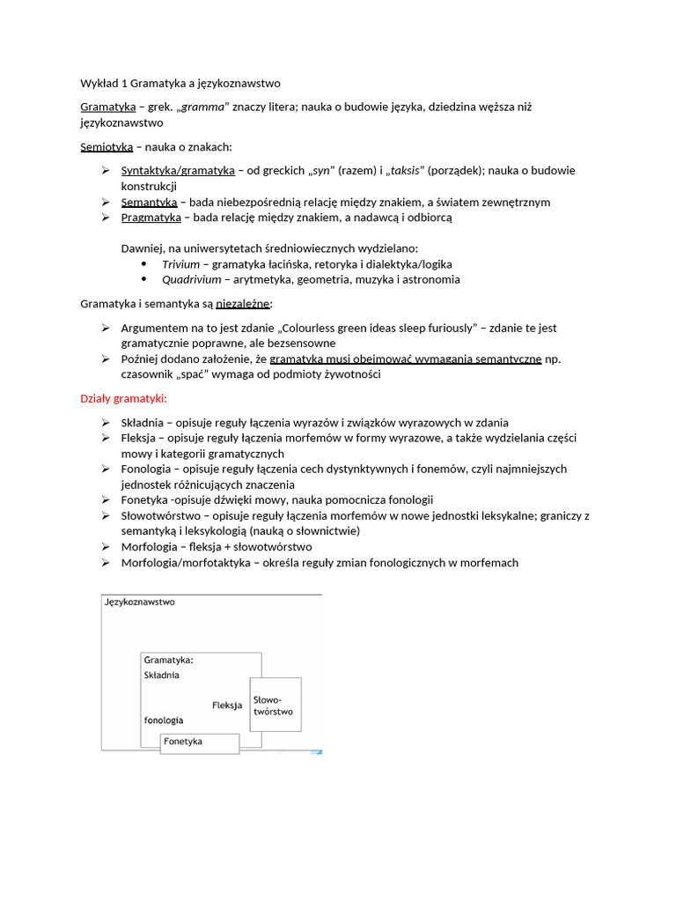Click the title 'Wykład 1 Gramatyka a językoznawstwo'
[x=180, y=84]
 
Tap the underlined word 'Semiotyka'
[x=107, y=147]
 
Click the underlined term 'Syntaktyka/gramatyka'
[x=178, y=170]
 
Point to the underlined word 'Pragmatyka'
[x=151, y=218]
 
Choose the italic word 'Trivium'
[x=180, y=264]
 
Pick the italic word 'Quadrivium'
[x=193, y=280]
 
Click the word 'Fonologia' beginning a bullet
[x=146, y=469]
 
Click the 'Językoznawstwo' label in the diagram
[x=140, y=603]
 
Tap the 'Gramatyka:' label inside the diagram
[x=169, y=659]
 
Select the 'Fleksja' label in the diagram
[x=227, y=705]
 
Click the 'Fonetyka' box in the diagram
[x=199, y=743]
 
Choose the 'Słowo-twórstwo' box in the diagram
[x=275, y=705]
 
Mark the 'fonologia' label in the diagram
[x=165, y=720]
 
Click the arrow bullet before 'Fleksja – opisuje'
[x=106, y=438]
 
